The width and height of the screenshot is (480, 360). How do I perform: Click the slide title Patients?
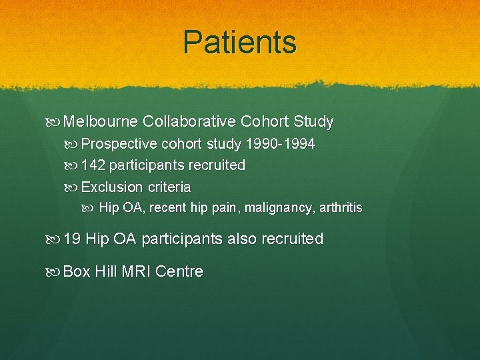(240, 42)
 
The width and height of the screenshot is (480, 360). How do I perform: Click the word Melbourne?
(102, 122)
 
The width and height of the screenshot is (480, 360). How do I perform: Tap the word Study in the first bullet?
(313, 122)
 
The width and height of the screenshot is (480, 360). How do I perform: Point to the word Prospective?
(119, 144)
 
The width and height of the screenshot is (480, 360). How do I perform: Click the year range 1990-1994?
(280, 144)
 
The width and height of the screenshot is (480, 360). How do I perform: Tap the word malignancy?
(279, 208)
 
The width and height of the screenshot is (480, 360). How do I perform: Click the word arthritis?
(341, 208)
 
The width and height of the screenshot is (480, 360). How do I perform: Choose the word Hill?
(107, 271)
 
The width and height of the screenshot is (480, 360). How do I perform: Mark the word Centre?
(181, 271)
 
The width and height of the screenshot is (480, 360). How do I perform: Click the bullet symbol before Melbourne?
(55, 123)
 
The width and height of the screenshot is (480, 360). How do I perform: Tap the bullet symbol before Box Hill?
(55, 272)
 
